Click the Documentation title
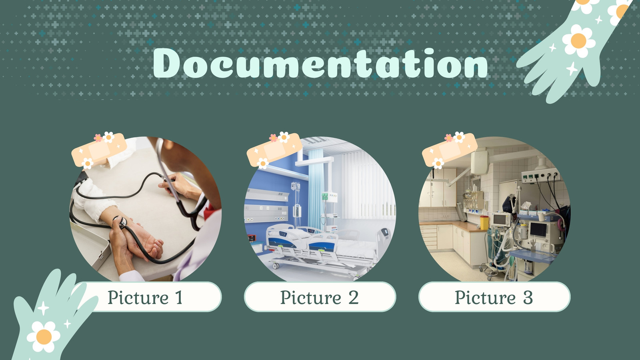coord(320,63)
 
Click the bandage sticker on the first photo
coord(99,150)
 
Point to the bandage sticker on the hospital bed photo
coord(274,150)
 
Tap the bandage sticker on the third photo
coord(450,150)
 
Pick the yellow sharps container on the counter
coord(484,222)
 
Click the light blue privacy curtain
coord(316,188)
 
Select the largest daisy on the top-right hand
coord(578,40)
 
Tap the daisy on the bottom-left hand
coord(44,336)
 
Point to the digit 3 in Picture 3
coord(528,298)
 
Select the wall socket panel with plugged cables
coord(540,175)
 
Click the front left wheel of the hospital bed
coord(276,266)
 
